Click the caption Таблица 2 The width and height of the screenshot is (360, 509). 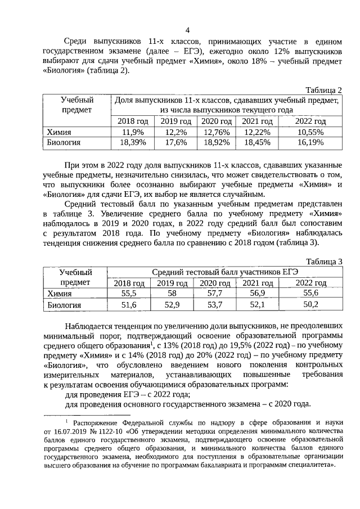click(x=323, y=90)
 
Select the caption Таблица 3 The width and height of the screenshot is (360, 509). click(x=323, y=262)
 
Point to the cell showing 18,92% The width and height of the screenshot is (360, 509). click(x=217, y=143)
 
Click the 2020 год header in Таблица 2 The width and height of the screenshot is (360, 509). click(x=217, y=121)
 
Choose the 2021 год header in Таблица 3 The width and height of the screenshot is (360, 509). click(x=258, y=283)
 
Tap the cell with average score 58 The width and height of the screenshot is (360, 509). click(x=172, y=293)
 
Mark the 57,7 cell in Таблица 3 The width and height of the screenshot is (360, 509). click(x=215, y=293)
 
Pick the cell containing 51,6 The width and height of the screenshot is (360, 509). click(x=129, y=304)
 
